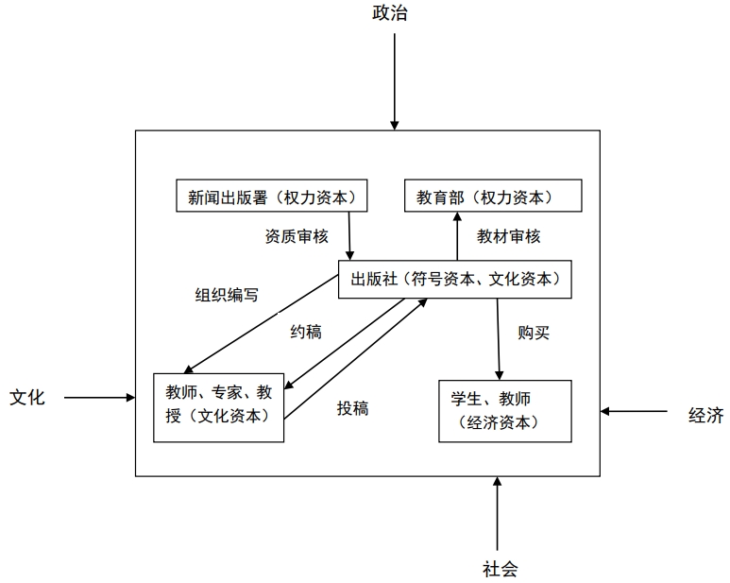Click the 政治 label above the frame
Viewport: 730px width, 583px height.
[390, 12]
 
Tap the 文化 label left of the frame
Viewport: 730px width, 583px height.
[27, 397]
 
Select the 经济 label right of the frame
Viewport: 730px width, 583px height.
[705, 415]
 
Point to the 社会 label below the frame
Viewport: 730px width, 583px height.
[500, 569]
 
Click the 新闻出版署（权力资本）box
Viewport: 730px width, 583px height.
[271, 196]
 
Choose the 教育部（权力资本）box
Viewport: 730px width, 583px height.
[493, 196]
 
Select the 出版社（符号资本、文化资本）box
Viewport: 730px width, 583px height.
[455, 279]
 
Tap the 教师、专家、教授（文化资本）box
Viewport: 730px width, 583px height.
[219, 407]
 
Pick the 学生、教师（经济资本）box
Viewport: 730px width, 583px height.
[505, 411]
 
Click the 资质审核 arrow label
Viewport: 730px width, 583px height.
[297, 236]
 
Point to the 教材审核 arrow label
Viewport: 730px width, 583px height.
[508, 236]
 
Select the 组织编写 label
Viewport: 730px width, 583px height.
[227, 295]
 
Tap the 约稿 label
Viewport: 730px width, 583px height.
[306, 332]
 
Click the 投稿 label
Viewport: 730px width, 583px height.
[353, 408]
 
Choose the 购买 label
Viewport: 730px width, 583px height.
[534, 333]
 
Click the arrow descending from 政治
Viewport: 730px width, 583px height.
[395, 81]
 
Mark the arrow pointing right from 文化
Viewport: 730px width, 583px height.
[99, 398]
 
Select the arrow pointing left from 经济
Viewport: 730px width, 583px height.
[634, 411]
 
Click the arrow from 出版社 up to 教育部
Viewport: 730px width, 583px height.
[457, 236]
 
